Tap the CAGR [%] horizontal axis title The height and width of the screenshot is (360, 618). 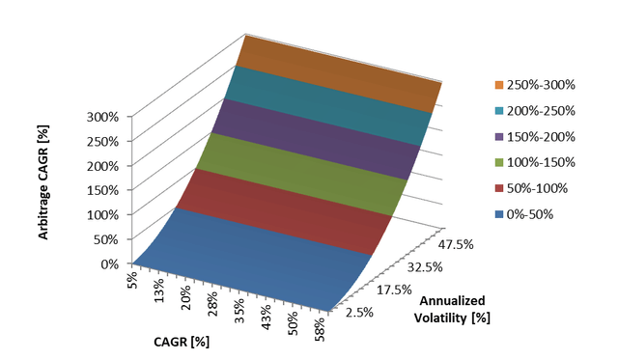coord(182,341)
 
